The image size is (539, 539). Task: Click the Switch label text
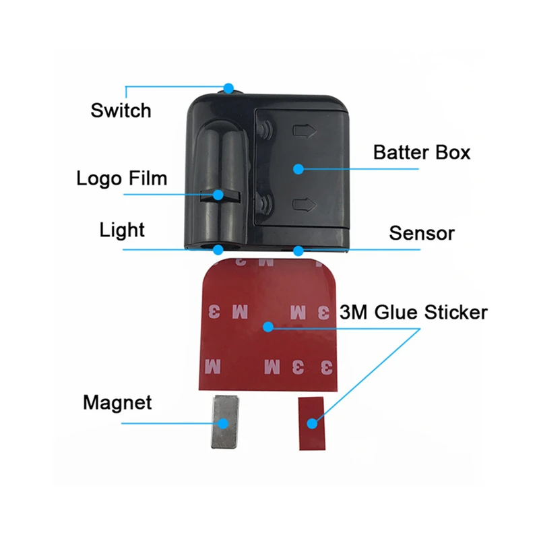pyautogui.click(x=121, y=110)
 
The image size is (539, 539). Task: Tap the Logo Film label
pyautogui.click(x=121, y=179)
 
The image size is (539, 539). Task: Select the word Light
pyautogui.click(x=122, y=230)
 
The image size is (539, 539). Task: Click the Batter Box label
pyautogui.click(x=422, y=152)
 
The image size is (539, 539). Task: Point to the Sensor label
pyautogui.click(x=422, y=234)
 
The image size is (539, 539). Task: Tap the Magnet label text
pyautogui.click(x=117, y=403)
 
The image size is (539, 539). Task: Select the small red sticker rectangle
pyautogui.click(x=311, y=424)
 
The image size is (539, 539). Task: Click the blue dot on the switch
pyautogui.click(x=229, y=88)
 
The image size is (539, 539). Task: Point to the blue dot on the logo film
pyautogui.click(x=218, y=195)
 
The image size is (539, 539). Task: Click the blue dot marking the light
pyautogui.click(x=217, y=249)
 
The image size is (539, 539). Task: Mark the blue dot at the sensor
pyautogui.click(x=298, y=250)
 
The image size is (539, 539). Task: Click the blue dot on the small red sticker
pyautogui.click(x=311, y=424)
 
